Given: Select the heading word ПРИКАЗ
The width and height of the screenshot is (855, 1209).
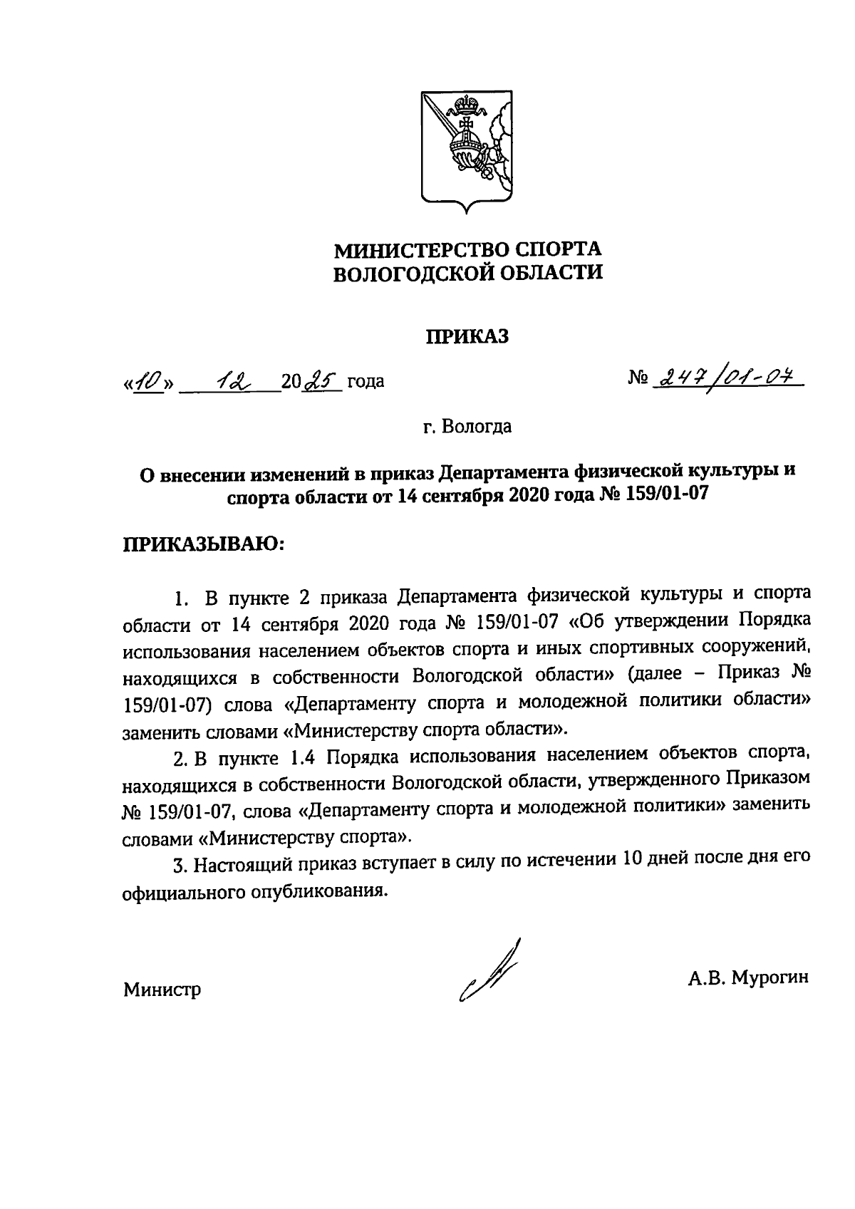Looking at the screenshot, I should pyautogui.click(x=467, y=336).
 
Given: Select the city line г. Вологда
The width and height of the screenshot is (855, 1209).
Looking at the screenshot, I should pyautogui.click(x=467, y=427).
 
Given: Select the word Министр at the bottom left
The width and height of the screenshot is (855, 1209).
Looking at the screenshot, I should pyautogui.click(x=162, y=990).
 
